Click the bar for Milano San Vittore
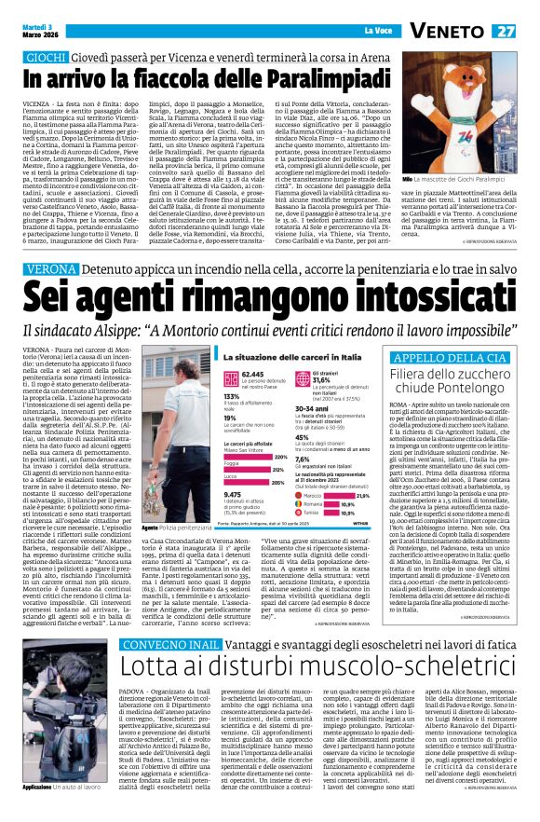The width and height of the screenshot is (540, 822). click(x=269, y=458)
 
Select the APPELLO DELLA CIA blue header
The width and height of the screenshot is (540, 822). click(x=450, y=357)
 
